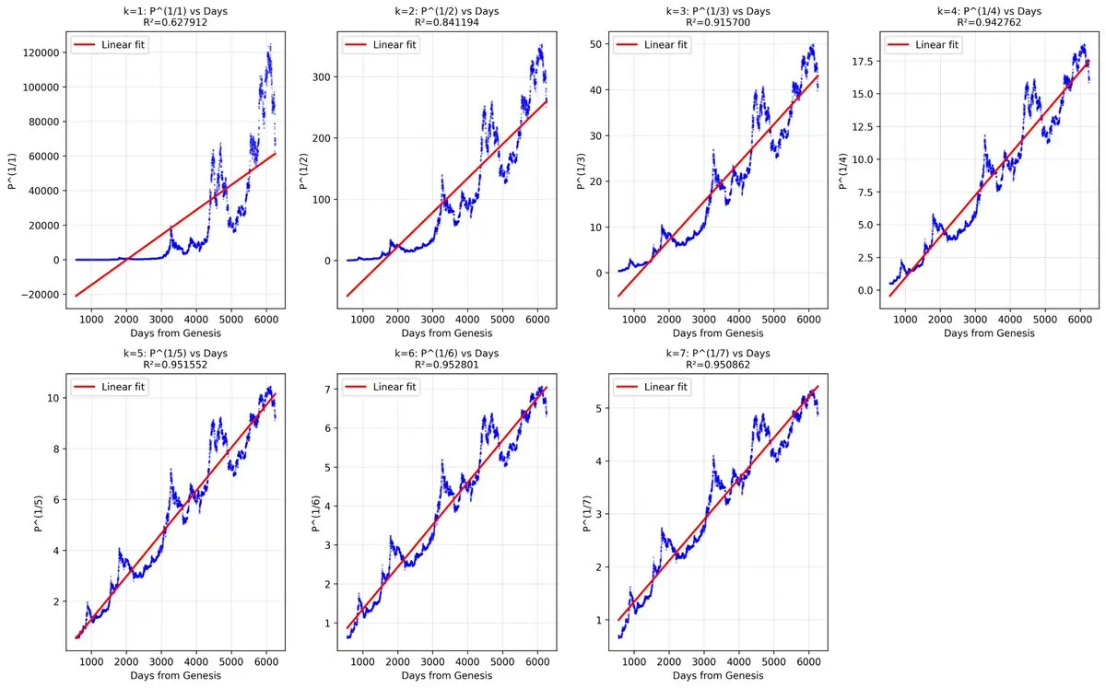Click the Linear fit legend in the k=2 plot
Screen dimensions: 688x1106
click(382, 45)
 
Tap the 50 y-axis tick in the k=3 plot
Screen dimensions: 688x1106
click(594, 45)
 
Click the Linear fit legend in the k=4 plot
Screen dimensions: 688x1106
click(922, 45)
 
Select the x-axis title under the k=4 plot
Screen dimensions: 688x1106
click(989, 333)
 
